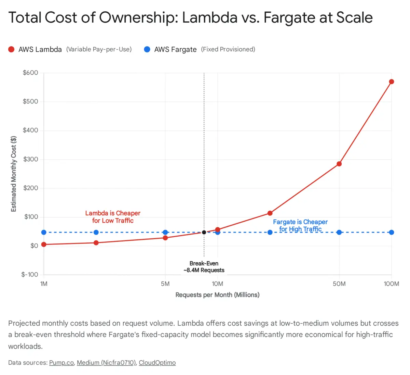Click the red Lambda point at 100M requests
pos(392,82)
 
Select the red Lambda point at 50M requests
pos(339,164)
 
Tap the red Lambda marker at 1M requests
pos(44,245)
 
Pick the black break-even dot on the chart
pos(204,232)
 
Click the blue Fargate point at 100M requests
pos(392,232)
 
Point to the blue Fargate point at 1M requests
pos(44,232)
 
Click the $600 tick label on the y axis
pos(30,73)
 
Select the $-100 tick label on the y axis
pos(29,274)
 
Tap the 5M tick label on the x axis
pos(165,284)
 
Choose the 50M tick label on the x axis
pos(339,284)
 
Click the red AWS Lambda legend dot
pos(11,49)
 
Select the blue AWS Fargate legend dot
pos(147,49)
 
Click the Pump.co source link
pos(61,363)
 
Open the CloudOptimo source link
pos(157,363)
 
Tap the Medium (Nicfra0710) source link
pos(106,363)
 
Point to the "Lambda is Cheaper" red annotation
pos(113,213)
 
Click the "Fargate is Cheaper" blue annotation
pos(300,222)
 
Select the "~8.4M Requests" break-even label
pos(204,270)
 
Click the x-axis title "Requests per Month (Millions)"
pos(217,295)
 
